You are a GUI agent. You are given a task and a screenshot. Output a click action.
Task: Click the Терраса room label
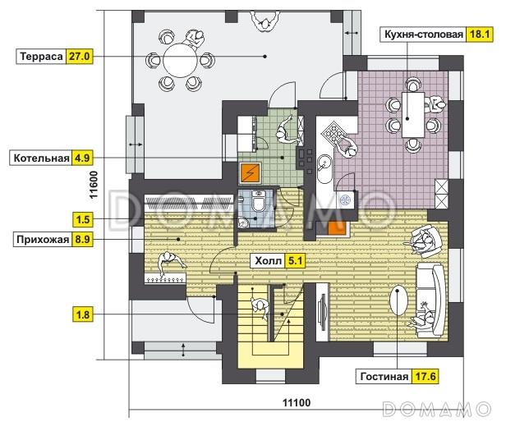[41, 57]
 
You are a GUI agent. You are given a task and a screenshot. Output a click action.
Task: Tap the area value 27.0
[80, 57]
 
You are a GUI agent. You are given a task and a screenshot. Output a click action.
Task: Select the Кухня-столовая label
[424, 34]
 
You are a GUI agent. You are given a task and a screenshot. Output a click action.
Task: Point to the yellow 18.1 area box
[480, 34]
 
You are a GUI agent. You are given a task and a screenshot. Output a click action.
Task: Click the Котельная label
[41, 158]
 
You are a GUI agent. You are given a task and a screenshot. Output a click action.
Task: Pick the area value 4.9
[82, 158]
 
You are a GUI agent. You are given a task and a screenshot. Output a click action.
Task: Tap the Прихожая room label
[43, 240]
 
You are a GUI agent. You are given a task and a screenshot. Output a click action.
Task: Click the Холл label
[268, 261]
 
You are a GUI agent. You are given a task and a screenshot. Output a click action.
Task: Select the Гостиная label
[384, 377]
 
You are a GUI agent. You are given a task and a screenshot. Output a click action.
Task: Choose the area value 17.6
[425, 377]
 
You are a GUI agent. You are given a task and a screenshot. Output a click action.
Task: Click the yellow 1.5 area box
[83, 219]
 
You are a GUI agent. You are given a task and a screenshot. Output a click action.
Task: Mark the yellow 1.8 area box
[83, 314]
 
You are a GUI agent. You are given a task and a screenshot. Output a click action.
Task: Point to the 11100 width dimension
[297, 403]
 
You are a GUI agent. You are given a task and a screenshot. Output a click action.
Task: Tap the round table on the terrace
[180, 60]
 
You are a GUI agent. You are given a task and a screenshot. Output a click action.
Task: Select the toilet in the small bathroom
[258, 202]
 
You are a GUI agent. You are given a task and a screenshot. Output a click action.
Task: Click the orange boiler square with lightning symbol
[250, 172]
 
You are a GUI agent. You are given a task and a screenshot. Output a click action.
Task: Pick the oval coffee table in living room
[399, 300]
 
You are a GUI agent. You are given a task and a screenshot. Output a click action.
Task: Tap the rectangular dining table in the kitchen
[412, 115]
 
